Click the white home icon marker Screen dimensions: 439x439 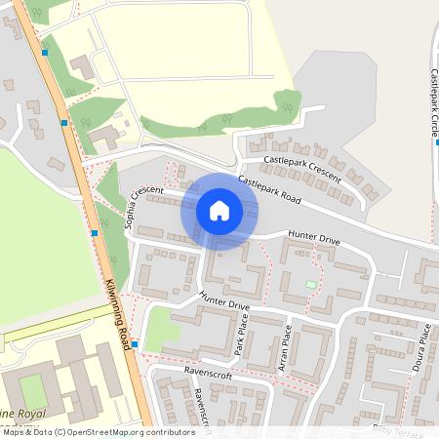[219, 210]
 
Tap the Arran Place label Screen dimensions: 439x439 [284, 345]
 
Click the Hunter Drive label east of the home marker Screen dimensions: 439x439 [312, 238]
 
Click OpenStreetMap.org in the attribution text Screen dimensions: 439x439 [116, 432]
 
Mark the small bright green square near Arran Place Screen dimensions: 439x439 [311, 284]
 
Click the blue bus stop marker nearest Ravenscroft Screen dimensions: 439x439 [135, 344]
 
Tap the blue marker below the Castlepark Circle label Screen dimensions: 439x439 [437, 142]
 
